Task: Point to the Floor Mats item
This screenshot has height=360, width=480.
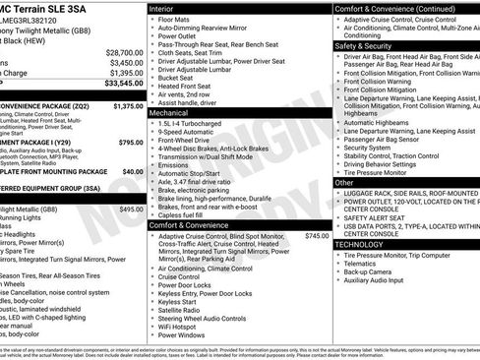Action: (177, 19)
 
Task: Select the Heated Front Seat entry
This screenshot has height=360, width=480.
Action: (189, 86)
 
